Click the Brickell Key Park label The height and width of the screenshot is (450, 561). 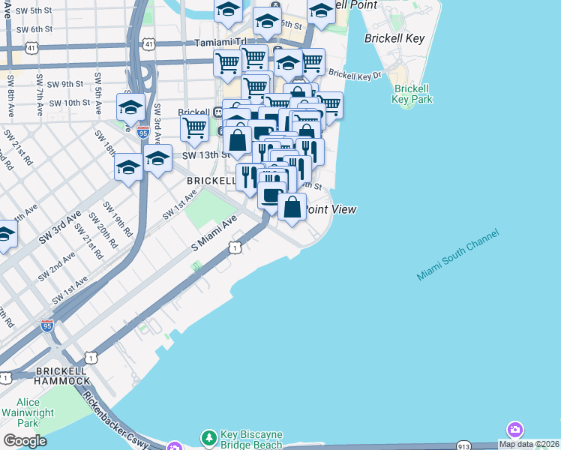[413, 93]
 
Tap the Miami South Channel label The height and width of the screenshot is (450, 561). [457, 256]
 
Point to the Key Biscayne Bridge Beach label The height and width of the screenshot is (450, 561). [251, 439]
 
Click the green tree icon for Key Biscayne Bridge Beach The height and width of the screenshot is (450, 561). [208, 436]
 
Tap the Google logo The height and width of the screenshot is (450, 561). [25, 441]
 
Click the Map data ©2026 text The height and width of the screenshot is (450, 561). [529, 444]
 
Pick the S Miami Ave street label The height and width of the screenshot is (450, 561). [214, 233]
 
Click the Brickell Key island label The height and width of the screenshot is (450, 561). [394, 38]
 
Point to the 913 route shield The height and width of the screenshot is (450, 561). [463, 446]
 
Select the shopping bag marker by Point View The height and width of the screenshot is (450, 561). [292, 205]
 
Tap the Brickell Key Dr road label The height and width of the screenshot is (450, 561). [355, 75]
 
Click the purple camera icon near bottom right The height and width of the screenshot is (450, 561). [514, 430]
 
